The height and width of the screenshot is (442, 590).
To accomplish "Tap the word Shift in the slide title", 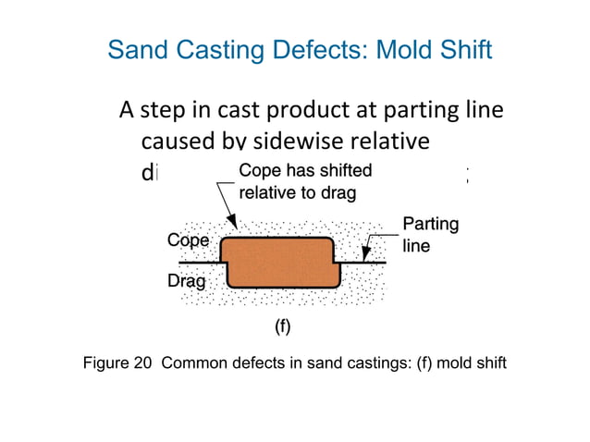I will coord(464,50).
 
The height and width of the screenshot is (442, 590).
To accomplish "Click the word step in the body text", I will coord(165,111).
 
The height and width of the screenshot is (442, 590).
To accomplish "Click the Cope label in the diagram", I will coord(188,240).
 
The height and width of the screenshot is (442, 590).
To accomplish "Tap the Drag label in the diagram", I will coord(186,280).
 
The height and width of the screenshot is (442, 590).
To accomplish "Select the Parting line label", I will coord(430,235).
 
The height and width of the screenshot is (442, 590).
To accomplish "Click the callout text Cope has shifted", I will coord(306,171).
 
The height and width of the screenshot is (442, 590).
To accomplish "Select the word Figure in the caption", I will coord(106,362).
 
